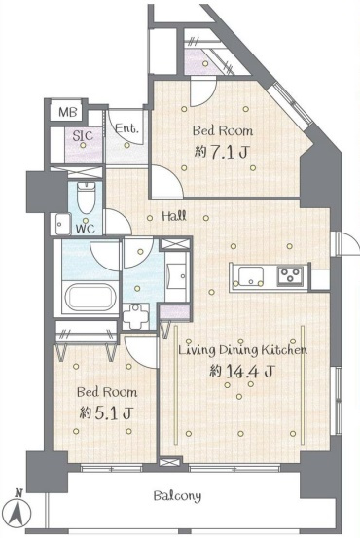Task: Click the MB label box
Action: (x=67, y=112)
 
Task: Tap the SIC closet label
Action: (x=83, y=135)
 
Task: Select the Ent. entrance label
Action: (x=126, y=128)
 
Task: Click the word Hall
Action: (x=174, y=216)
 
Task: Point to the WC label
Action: (x=85, y=229)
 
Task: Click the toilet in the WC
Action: (x=85, y=198)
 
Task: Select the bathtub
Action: (x=90, y=297)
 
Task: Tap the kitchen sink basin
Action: (x=251, y=276)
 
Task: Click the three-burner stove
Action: (x=290, y=275)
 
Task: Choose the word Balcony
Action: (x=177, y=496)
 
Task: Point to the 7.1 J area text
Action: (x=221, y=152)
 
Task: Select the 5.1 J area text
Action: (x=105, y=412)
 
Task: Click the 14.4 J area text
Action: (x=242, y=371)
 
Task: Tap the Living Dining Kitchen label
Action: (x=242, y=350)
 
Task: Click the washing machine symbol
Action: (x=136, y=316)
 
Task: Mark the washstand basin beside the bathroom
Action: (x=177, y=276)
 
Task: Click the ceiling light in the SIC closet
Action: (x=83, y=145)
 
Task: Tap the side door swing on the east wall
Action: (x=346, y=243)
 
